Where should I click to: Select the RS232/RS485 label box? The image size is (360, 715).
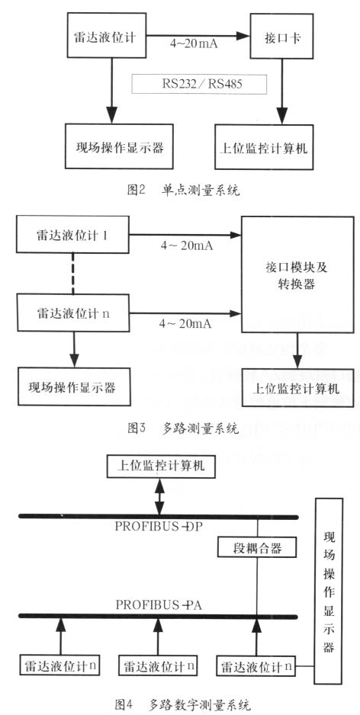coord(198,83)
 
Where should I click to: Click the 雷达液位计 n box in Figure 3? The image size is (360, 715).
coord(73,313)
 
